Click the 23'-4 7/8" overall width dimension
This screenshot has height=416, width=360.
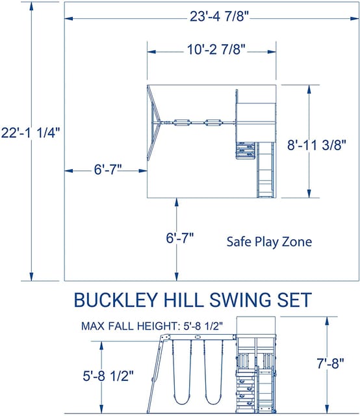pos(210,18)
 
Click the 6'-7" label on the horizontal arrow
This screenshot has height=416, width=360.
pos(107,170)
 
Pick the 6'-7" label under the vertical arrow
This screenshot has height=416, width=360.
pos(179,239)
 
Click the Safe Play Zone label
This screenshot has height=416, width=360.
pos(269,242)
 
